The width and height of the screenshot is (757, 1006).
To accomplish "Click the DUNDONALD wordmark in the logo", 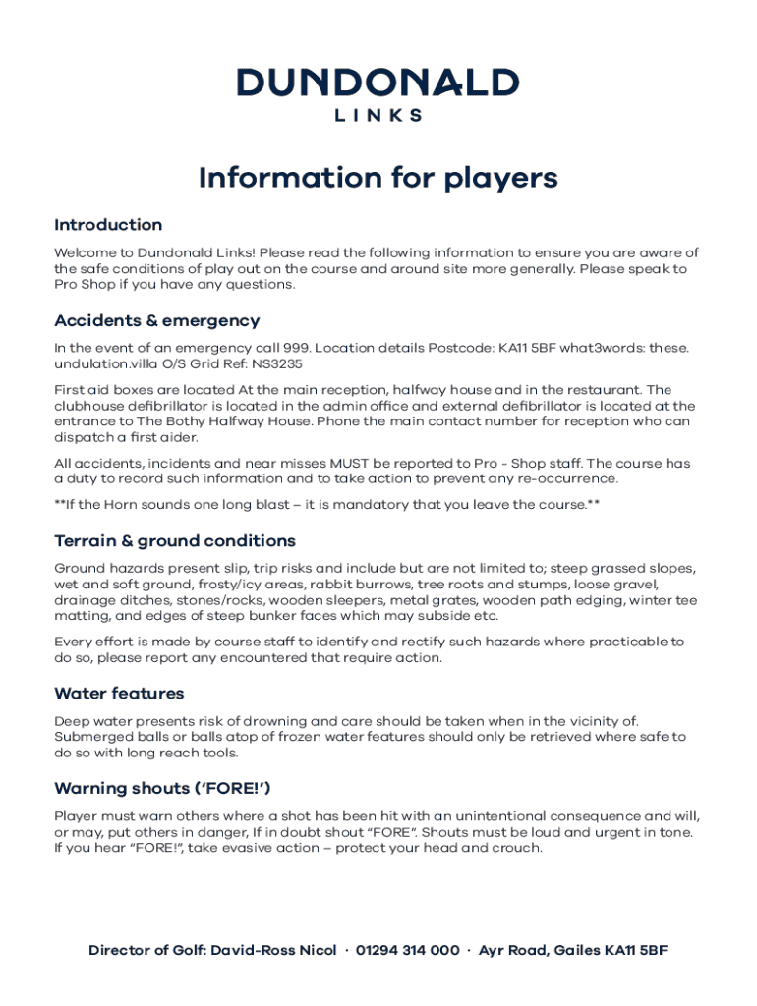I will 378,83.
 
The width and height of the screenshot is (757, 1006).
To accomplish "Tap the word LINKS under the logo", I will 378,115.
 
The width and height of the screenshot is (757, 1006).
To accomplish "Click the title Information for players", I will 378,178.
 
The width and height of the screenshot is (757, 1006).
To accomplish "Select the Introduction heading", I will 108,225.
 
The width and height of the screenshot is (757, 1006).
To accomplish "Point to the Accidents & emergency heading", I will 157,320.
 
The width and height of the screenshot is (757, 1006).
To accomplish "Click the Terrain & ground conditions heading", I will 175,541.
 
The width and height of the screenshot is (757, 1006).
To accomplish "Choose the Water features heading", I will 119,694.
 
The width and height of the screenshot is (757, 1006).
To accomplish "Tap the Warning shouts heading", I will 162,788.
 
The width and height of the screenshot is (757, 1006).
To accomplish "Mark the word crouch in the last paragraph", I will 516,848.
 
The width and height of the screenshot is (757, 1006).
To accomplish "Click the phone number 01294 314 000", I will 407,951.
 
